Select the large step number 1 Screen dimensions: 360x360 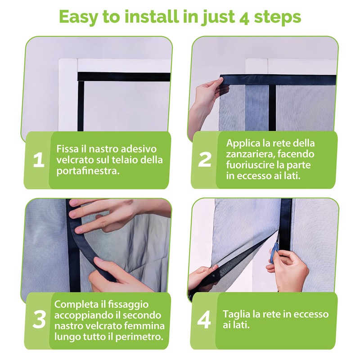(x=39, y=160)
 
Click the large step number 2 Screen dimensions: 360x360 (x=204, y=160)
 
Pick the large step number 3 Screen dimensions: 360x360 (x=39, y=320)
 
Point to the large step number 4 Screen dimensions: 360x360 (x=204, y=320)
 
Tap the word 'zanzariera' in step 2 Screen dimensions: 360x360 (x=250, y=154)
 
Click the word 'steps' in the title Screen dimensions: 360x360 (x=278, y=18)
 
